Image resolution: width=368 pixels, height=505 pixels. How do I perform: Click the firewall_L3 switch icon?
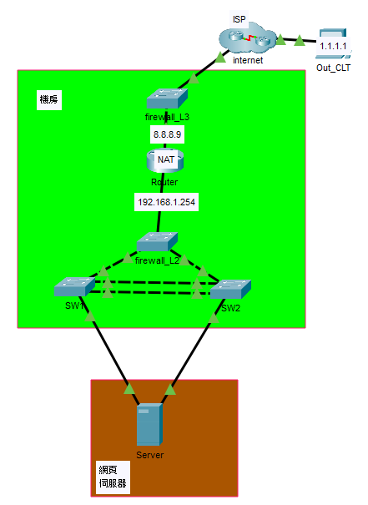pos(167,98)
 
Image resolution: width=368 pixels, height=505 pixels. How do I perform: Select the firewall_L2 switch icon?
pos(157,241)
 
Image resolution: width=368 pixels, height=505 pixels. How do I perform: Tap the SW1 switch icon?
pos(75,286)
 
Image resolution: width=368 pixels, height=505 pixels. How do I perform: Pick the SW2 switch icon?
pos(230,289)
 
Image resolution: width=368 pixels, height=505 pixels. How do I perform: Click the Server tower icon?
pos(149,425)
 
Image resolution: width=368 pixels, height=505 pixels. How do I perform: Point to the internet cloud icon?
pos(247,39)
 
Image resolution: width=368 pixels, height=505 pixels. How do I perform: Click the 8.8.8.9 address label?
pos(167,134)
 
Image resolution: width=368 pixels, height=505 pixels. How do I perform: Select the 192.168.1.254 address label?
pos(166,202)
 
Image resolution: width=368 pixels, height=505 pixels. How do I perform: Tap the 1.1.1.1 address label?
pos(333,46)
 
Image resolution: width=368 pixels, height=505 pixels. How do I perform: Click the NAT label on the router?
pos(166,159)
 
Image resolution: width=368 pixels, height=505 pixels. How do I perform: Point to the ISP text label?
pos(239,19)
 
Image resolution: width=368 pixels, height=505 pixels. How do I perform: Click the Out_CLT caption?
pos(333,68)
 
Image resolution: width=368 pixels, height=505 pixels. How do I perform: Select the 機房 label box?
pos(49,99)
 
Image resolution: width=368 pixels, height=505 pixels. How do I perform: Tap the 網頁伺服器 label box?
pos(113,477)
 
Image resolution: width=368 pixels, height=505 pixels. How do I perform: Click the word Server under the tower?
pos(149,455)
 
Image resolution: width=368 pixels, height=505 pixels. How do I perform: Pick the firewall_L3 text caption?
pos(167,117)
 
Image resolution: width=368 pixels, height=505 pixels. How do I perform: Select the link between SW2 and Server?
pos(193,351)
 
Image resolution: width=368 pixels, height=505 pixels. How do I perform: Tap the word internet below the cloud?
pos(248,60)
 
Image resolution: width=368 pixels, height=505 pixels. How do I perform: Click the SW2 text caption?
pos(230,308)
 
